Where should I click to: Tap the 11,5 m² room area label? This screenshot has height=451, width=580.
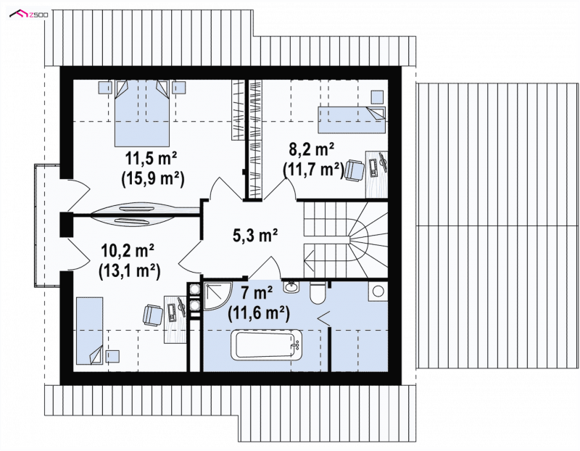coord(151,158)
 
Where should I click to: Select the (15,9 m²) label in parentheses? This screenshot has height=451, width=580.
coord(152,178)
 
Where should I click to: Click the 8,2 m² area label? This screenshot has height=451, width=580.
coord(312,150)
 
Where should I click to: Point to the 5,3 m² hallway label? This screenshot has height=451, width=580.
coord(255,235)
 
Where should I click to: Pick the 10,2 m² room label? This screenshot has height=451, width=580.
coord(128,251)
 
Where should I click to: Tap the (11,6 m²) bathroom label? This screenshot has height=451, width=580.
coord(259,314)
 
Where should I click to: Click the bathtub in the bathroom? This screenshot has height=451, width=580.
coord(266,345)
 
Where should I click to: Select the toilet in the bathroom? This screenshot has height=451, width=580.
coord(318,292)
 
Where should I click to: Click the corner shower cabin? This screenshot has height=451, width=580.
coord(216,296)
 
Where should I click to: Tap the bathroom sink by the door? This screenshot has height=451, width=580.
coord(292,286)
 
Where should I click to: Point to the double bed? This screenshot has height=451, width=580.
coord(142,114)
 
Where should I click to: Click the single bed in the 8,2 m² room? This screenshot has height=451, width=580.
coord(352,120)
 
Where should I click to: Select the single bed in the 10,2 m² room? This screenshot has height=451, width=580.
coord(89,331)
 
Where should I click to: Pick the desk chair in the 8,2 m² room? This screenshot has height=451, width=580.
coord(355,170)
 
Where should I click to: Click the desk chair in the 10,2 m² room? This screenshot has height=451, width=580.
coord(153,315)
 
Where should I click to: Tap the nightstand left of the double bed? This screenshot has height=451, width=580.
coord(105,88)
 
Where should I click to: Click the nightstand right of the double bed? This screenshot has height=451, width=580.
coord(179,88)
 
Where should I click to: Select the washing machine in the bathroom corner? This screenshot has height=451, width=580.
coord(378,291)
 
